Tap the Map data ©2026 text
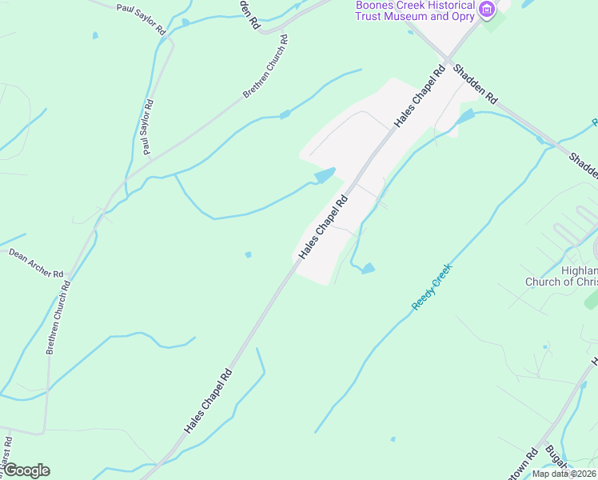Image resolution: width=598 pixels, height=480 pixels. tap(564, 474)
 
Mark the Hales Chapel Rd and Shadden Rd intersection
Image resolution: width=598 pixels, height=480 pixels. tap(449, 62)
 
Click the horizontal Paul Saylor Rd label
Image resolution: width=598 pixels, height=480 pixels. tap(141, 18)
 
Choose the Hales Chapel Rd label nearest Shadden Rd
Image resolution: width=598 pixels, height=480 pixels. tap(419, 97)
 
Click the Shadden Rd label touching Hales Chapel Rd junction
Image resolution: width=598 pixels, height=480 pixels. tap(475, 84)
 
